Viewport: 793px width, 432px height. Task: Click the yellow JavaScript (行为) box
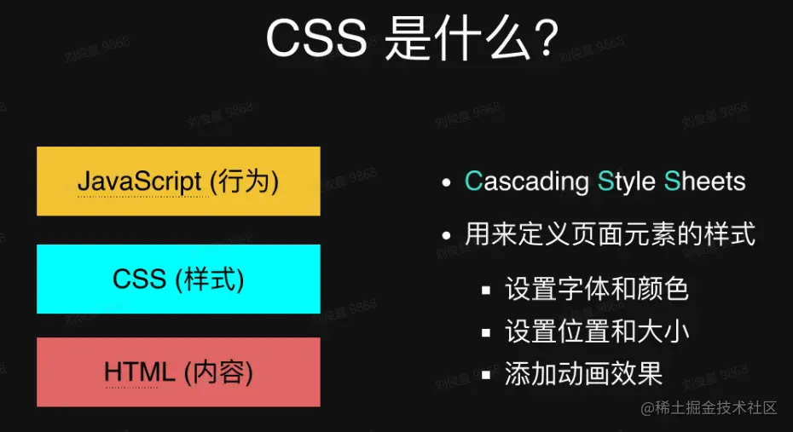click(x=178, y=181)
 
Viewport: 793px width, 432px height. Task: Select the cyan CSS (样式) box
click(x=178, y=279)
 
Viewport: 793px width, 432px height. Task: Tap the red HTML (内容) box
click(x=178, y=372)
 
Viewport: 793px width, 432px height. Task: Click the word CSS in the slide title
click(x=316, y=39)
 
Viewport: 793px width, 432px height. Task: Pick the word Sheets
click(x=704, y=181)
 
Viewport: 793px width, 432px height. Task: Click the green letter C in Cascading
click(x=473, y=181)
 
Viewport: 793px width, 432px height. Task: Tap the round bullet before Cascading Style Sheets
click(x=445, y=183)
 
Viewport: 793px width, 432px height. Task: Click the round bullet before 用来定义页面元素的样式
click(x=445, y=235)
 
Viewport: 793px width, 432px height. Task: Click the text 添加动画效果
click(x=583, y=374)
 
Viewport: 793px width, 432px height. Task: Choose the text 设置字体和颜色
click(x=596, y=289)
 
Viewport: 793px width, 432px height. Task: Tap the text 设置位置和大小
click(x=596, y=331)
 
